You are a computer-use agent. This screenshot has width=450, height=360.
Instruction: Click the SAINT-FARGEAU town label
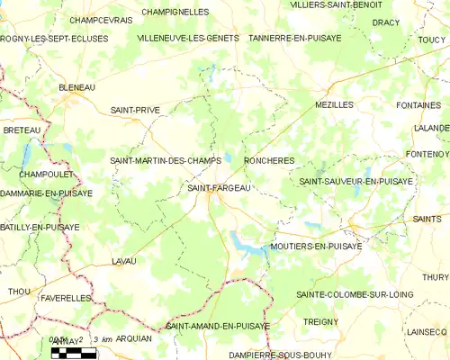[218, 187]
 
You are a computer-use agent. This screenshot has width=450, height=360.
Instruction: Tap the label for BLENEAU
[76, 87]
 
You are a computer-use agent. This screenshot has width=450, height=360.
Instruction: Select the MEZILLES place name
[334, 104]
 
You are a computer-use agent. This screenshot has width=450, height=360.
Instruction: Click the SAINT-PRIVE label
[135, 110]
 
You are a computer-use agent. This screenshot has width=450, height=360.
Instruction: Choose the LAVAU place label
[123, 260]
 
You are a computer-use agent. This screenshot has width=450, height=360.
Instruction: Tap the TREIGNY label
[320, 320]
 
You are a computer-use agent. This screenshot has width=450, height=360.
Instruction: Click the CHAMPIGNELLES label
[175, 12]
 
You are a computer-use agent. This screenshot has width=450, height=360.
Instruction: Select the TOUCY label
[433, 39]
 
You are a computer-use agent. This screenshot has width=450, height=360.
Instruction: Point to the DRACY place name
[385, 22]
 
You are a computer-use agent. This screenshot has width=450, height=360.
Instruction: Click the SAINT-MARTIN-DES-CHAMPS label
[166, 160]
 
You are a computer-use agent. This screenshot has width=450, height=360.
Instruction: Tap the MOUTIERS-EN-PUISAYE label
[316, 245]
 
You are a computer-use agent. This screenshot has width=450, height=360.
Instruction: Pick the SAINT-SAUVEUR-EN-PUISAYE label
[356, 181]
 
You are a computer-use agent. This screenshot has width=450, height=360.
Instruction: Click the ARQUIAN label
[134, 338]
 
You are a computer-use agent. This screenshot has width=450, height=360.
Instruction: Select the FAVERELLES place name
[66, 296]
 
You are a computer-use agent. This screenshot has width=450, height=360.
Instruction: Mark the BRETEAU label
[22, 130]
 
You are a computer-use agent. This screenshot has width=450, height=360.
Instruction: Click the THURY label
[435, 277]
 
